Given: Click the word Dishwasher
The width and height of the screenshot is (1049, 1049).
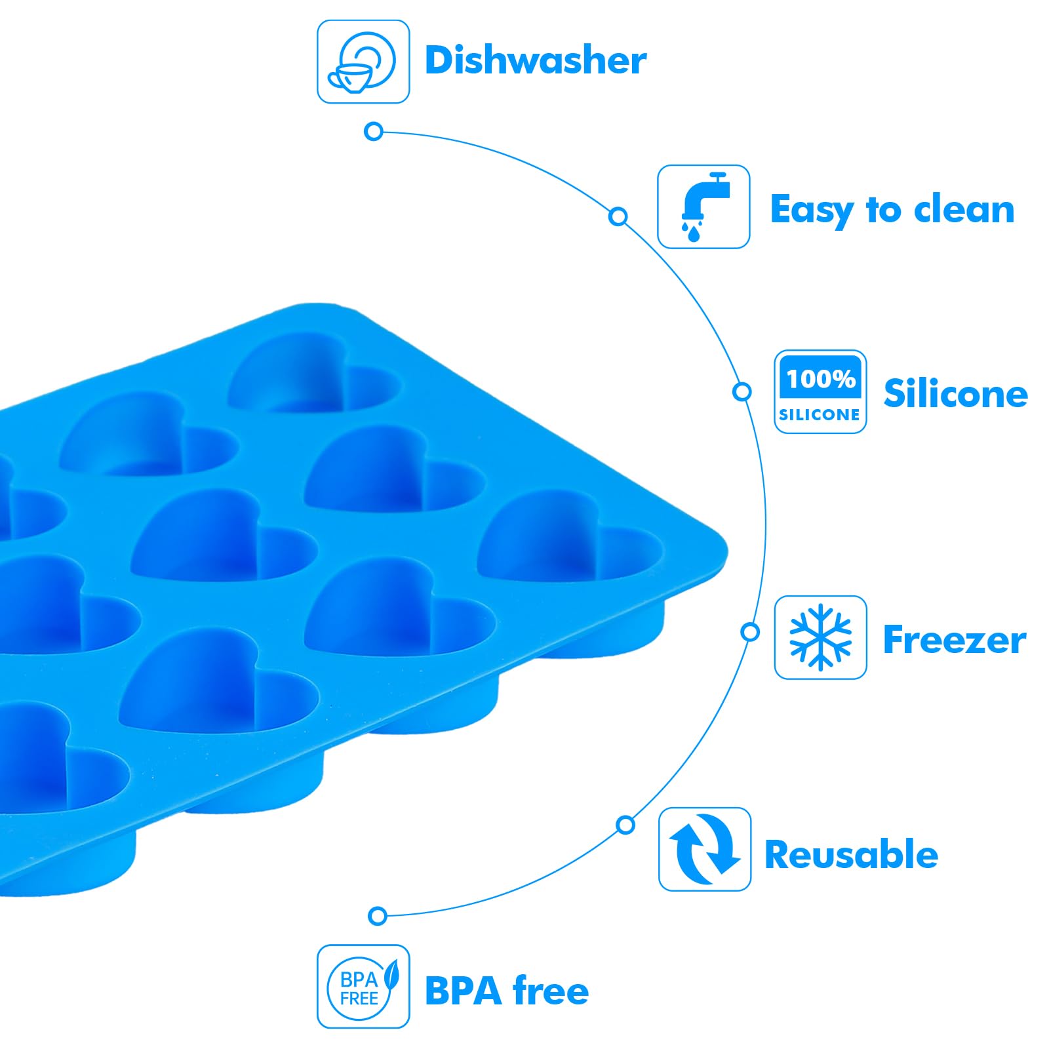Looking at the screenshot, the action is click(535, 60).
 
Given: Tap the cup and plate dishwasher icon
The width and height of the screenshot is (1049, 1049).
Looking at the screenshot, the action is click(363, 62).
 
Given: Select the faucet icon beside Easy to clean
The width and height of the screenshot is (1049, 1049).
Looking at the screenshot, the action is click(703, 207).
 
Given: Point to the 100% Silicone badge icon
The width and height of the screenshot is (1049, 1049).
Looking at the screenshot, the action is click(820, 391).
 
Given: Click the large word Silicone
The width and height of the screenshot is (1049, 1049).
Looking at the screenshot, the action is click(955, 393).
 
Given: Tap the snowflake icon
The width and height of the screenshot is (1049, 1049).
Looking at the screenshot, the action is click(820, 637).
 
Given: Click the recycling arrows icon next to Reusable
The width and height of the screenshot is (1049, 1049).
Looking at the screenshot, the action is click(704, 849).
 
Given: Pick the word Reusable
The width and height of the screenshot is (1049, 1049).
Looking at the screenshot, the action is click(851, 854).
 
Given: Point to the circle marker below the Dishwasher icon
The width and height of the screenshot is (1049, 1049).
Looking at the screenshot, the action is click(373, 131).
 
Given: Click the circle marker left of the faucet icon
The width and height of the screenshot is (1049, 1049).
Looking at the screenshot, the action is click(618, 216).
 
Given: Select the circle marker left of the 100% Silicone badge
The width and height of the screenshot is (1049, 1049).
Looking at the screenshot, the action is click(742, 391).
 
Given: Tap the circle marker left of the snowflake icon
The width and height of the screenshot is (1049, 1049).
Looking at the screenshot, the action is click(750, 632).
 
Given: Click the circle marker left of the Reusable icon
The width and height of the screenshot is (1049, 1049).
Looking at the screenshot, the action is click(625, 824).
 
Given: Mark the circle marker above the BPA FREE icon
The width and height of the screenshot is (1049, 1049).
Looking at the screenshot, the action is click(377, 915).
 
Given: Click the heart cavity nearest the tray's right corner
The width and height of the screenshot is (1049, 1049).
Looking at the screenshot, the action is click(569, 539).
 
